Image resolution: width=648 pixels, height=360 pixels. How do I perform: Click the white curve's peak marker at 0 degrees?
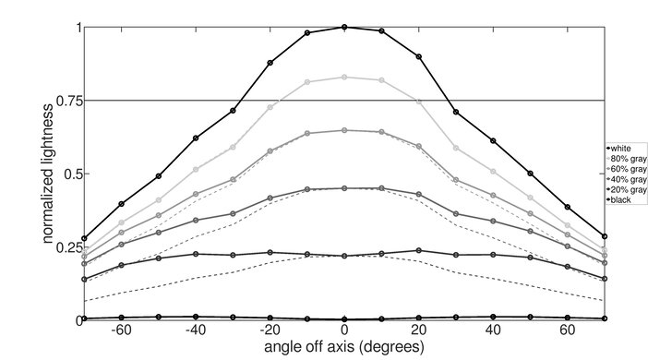tap(344, 27)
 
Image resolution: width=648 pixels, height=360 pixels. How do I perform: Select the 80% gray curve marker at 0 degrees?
tap(344, 78)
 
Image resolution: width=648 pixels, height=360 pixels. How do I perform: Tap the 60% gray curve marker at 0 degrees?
tap(344, 130)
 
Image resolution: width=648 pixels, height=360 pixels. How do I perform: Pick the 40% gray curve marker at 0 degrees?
tap(344, 188)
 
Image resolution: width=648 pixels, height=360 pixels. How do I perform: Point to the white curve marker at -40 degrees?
tap(196, 138)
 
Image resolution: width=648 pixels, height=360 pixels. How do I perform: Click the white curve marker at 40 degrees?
tap(493, 140)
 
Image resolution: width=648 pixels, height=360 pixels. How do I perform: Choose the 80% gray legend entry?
tap(626, 158)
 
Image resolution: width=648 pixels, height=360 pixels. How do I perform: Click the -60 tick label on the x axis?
tap(119, 330)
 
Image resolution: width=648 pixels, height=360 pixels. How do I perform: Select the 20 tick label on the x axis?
tap(418, 330)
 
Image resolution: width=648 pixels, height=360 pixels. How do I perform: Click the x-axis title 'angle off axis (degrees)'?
tap(344, 347)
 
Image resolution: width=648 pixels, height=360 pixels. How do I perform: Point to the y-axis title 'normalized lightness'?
tap(46, 174)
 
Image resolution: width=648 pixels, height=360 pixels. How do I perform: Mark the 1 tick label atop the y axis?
tap(78, 28)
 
